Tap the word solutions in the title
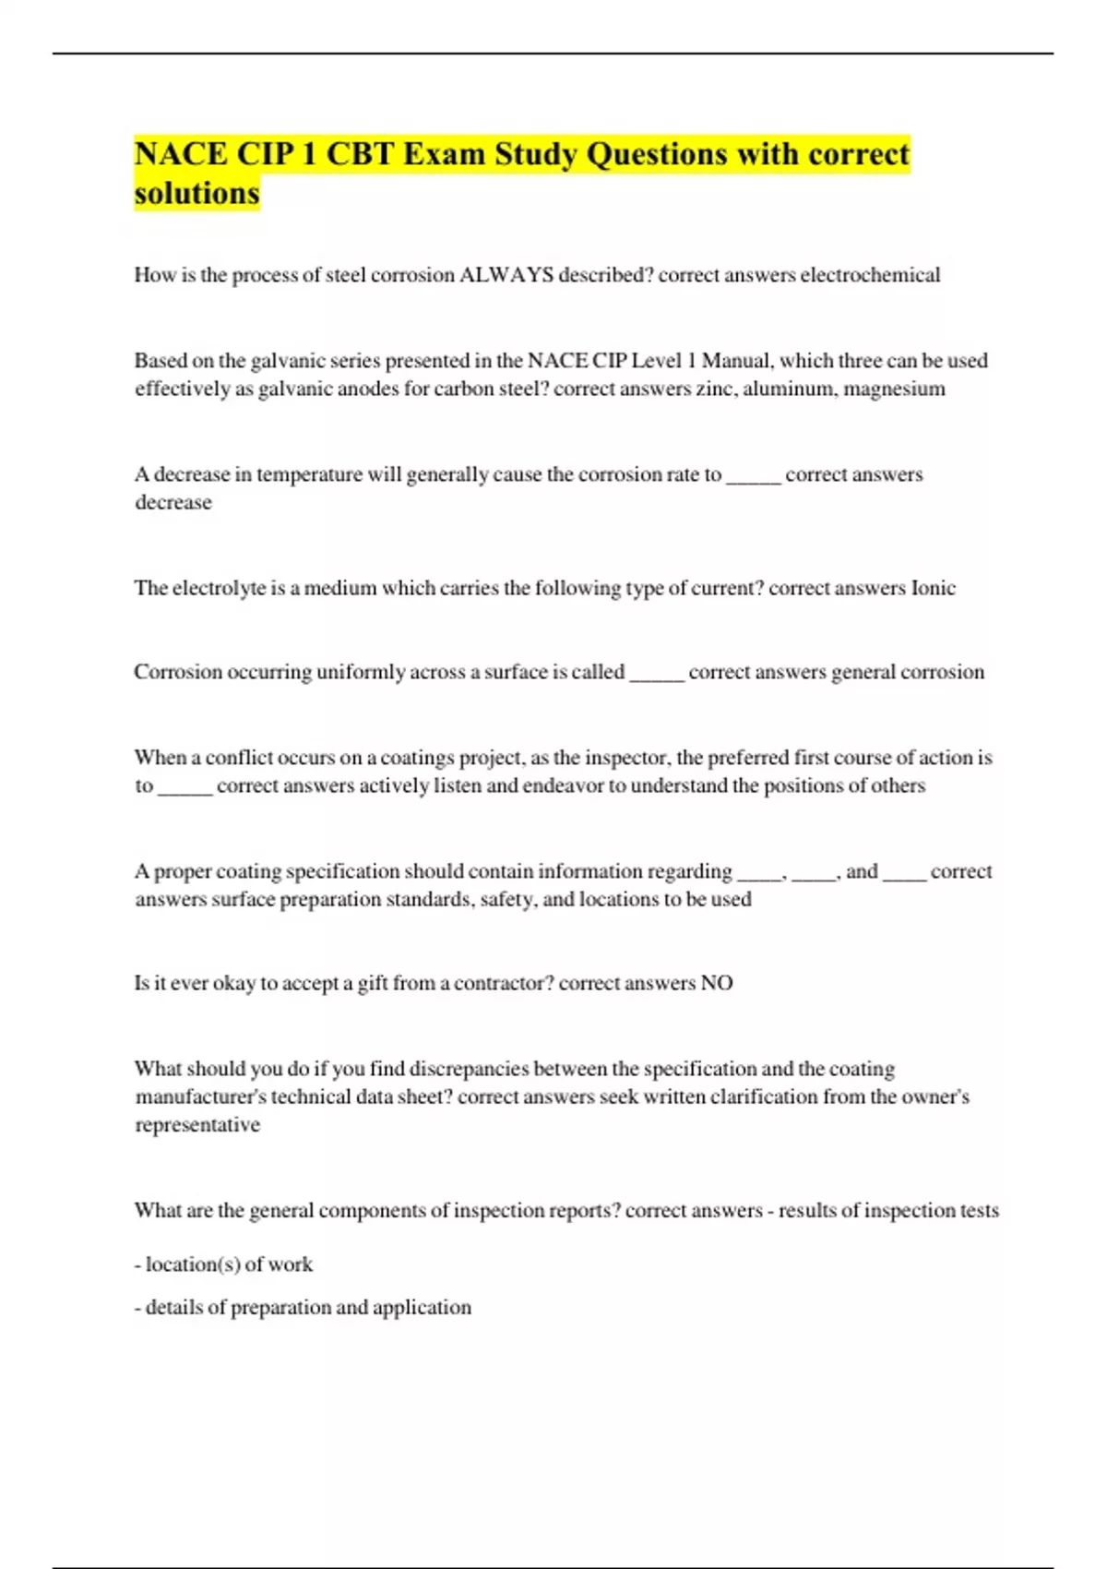pos(196,193)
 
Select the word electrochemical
pos(870,275)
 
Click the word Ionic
pos(933,588)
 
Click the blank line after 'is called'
pos(657,674)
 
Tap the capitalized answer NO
pos(716,983)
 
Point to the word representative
pos(197,1125)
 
